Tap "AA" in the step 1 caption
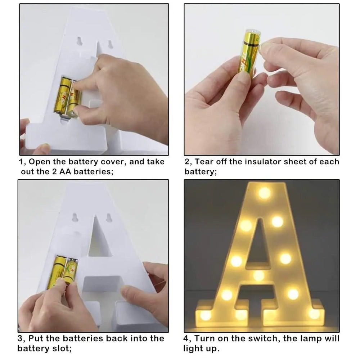click(65, 172)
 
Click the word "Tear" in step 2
click(204, 162)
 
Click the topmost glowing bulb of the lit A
click(264, 193)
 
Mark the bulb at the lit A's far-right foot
click(314, 314)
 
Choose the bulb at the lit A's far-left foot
click(206, 315)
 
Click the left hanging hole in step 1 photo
click(80, 41)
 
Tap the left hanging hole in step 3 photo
click(75, 217)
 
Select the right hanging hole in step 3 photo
click(109, 218)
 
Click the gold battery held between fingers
click(249, 53)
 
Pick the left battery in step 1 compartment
click(62, 96)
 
